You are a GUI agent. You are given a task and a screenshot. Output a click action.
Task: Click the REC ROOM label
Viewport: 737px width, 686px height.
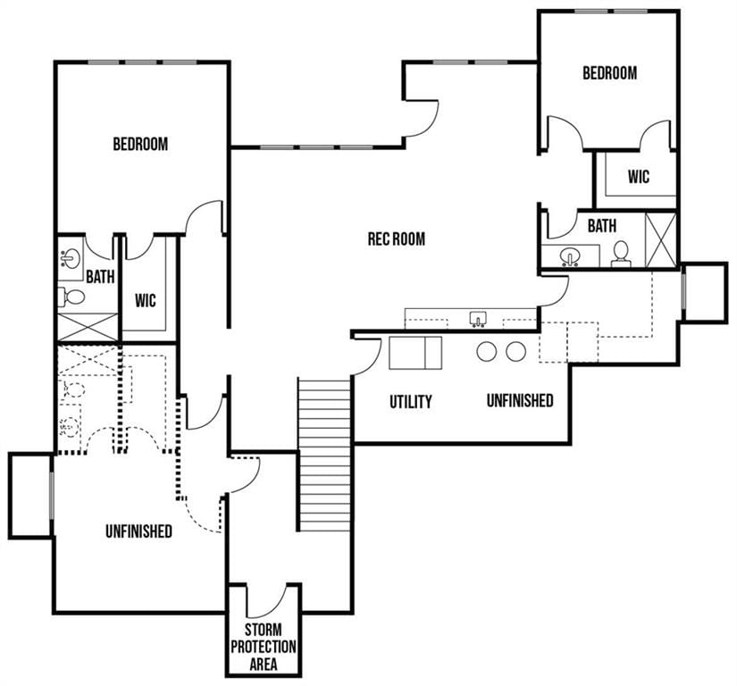point(397,238)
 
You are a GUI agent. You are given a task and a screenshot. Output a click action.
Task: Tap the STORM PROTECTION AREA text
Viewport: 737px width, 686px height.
point(264,647)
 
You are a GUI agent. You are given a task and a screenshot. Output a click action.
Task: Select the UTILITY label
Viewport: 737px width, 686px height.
point(410,402)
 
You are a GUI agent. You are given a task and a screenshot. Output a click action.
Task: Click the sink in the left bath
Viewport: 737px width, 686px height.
point(71,258)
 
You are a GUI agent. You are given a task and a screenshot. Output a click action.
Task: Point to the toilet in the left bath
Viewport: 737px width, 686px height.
point(71,297)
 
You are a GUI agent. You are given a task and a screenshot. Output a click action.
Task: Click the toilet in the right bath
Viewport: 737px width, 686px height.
point(621,254)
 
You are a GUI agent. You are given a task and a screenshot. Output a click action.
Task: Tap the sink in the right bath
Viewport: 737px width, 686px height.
point(570,256)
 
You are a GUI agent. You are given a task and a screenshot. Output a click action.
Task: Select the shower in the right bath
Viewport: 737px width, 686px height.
point(660,240)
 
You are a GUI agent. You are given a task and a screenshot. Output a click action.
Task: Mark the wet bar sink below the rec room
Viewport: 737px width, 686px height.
point(478,319)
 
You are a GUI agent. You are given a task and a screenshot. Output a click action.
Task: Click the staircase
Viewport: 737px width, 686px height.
point(325,454)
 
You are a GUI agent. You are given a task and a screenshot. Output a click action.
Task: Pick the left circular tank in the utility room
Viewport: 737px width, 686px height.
point(487,351)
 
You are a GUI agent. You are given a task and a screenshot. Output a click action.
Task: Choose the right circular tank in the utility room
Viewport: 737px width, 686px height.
point(515,351)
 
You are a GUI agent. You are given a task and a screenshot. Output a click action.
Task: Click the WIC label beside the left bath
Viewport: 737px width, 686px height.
point(146,301)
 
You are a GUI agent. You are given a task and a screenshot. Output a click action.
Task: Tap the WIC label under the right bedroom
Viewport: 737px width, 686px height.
point(639,177)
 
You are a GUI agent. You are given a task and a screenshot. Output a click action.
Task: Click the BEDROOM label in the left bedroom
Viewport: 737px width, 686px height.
point(140,144)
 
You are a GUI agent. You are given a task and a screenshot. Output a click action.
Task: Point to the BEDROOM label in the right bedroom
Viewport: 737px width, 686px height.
point(609,73)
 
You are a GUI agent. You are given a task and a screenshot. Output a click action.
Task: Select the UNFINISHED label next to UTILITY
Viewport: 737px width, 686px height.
point(520,400)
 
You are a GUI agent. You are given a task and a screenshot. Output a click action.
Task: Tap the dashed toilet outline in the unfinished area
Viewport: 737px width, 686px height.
point(72,390)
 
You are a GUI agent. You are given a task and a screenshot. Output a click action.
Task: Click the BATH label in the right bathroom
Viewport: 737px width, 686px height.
point(602,226)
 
